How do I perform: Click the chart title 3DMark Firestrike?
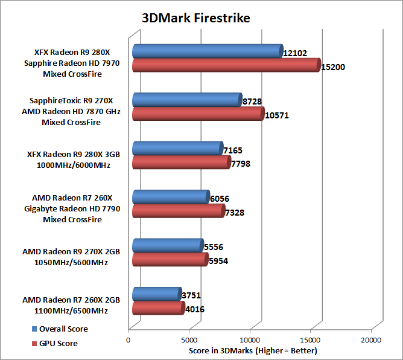195,18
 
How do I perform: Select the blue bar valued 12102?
206,51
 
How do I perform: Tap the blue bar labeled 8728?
186,100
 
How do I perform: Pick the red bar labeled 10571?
197,114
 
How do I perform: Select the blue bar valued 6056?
170,197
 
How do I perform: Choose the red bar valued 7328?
178,211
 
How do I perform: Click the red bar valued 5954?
170,259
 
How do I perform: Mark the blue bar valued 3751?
156,294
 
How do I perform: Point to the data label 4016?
195,309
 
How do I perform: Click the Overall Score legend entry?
59,329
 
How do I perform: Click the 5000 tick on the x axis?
189,341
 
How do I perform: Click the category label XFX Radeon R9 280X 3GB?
71,154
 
